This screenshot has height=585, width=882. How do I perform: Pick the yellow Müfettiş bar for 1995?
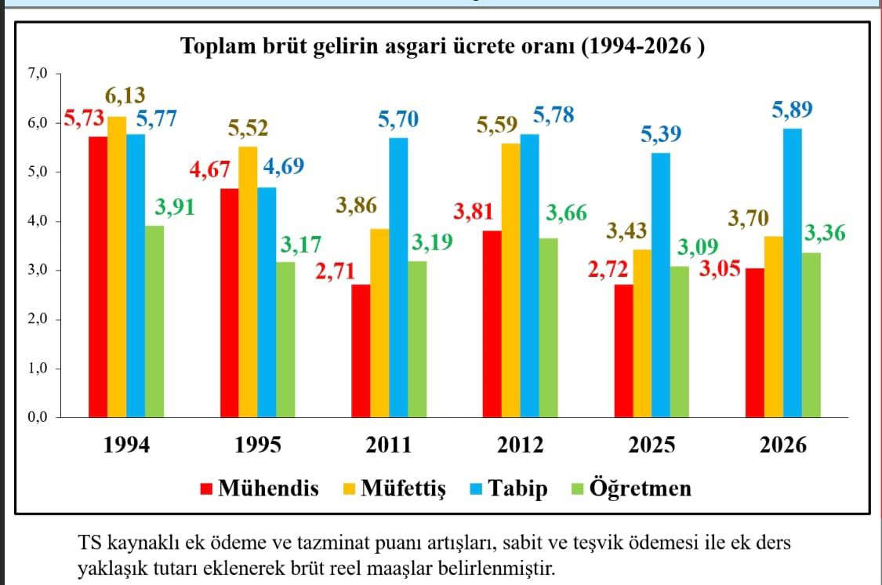[x=249, y=282]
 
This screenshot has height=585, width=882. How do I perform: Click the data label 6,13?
[x=125, y=96]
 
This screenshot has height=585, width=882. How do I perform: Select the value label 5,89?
[x=792, y=111]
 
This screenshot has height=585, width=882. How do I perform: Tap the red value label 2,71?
[x=335, y=272]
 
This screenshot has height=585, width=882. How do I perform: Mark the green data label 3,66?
[x=564, y=213]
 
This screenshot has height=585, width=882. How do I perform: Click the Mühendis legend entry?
[x=260, y=489]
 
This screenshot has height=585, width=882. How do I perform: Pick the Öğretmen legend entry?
[x=630, y=489]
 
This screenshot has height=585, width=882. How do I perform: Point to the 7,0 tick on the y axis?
[x=38, y=74]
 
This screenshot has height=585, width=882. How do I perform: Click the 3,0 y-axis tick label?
[x=38, y=271]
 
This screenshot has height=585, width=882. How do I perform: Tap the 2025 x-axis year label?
[x=652, y=445]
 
